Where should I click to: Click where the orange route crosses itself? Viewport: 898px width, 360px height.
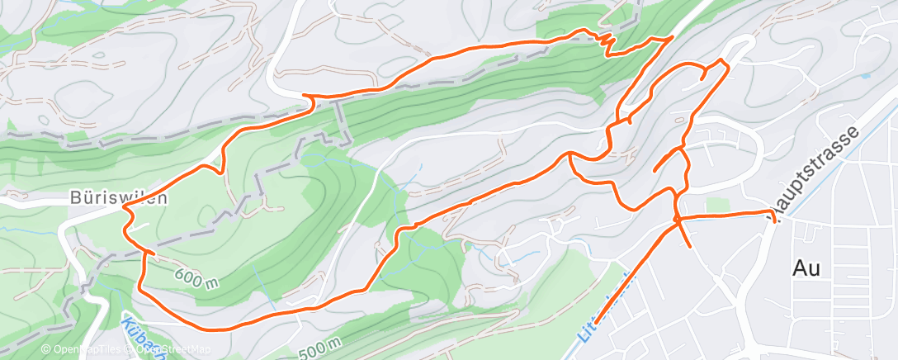677,219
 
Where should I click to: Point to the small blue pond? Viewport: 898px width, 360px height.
864,75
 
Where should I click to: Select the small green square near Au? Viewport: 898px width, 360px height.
717,204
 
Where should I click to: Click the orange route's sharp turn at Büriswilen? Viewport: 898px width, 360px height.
125,209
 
